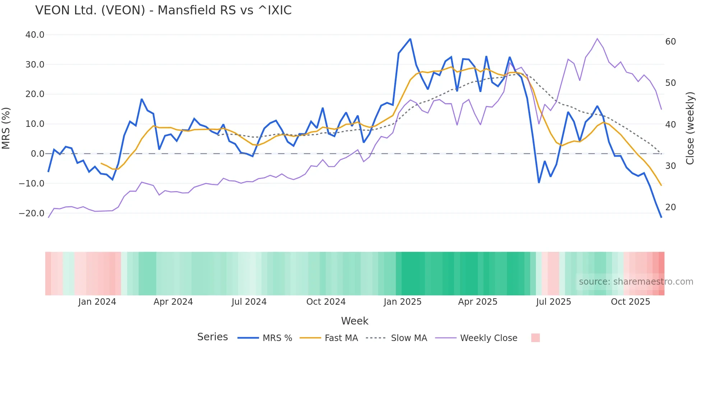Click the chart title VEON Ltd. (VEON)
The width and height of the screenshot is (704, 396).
coord(163,10)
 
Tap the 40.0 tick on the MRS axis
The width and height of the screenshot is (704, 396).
coord(35,35)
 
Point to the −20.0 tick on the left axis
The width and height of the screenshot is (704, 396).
coord(32,213)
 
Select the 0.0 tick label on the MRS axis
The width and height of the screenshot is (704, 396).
coord(38,154)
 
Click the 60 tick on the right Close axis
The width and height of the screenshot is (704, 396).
coord(671,42)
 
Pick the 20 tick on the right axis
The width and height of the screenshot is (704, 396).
coord(671,207)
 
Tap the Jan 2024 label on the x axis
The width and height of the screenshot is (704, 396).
coord(97,302)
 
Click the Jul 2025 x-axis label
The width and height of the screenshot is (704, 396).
coord(554,302)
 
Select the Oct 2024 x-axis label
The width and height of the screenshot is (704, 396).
coord(326,302)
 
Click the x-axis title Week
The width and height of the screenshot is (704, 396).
coord(355,321)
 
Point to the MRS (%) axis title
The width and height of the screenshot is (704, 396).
coord(6,128)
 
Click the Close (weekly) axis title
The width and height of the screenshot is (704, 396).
coord(690,128)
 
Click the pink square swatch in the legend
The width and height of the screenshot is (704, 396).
coord(535,338)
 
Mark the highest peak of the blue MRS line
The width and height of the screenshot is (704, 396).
coord(410,39)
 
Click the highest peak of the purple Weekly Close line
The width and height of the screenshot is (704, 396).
coord(597,38)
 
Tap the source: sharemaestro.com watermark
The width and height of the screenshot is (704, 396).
coord(636,282)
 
